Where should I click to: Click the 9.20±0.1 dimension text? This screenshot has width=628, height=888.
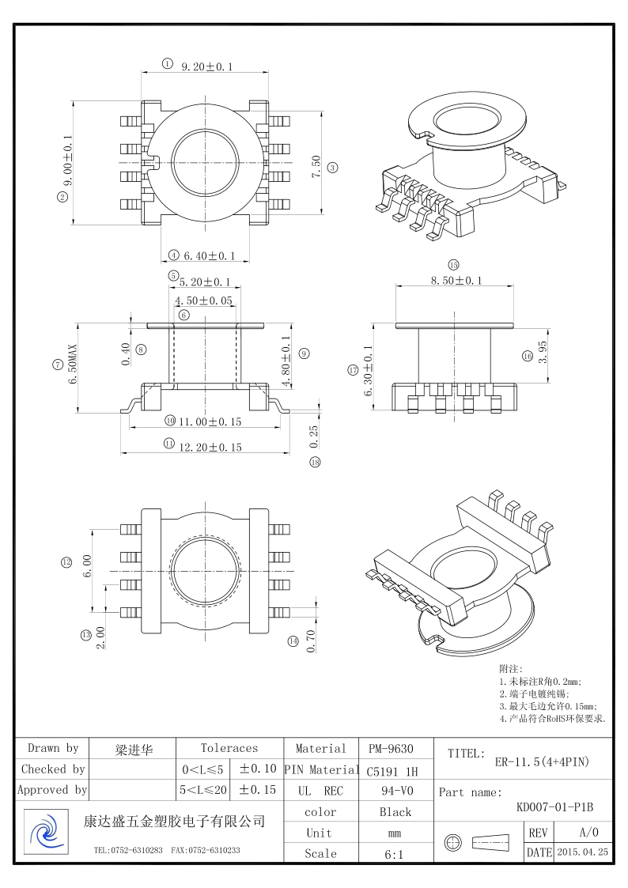(206, 67)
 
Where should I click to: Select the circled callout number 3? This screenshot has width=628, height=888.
(333, 168)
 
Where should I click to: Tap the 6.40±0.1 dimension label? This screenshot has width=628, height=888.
(209, 256)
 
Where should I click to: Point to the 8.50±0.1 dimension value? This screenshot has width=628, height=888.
(456, 281)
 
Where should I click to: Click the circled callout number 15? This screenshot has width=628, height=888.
(453, 264)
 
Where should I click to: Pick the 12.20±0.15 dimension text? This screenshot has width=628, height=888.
(210, 448)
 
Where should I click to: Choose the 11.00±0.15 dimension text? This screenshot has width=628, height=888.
(210, 422)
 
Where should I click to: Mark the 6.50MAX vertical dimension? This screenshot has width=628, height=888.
(73, 365)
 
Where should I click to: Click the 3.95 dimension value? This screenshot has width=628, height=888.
(543, 352)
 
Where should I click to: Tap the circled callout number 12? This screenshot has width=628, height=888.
(66, 562)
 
